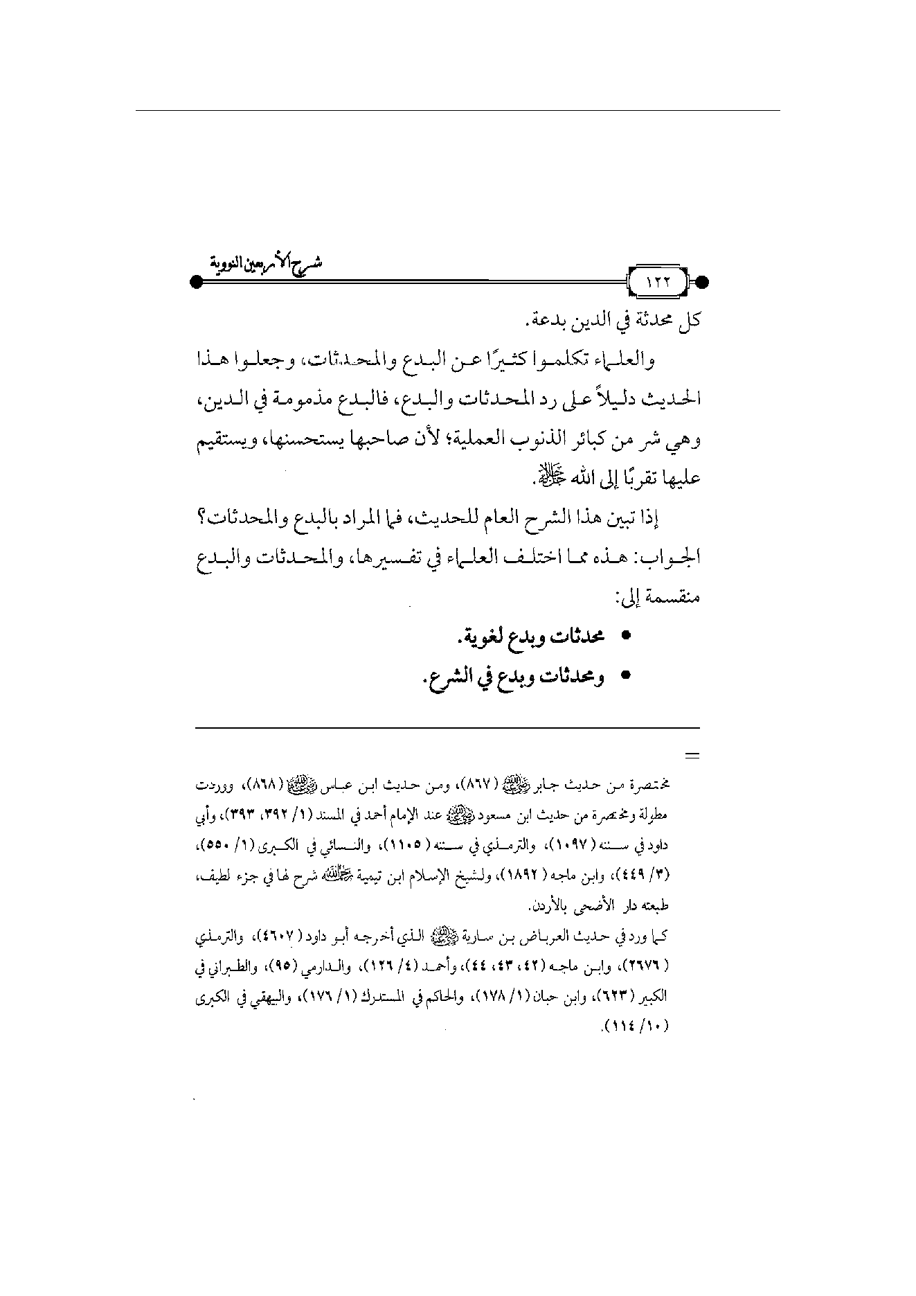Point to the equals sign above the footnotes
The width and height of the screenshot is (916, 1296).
coord(692,756)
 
